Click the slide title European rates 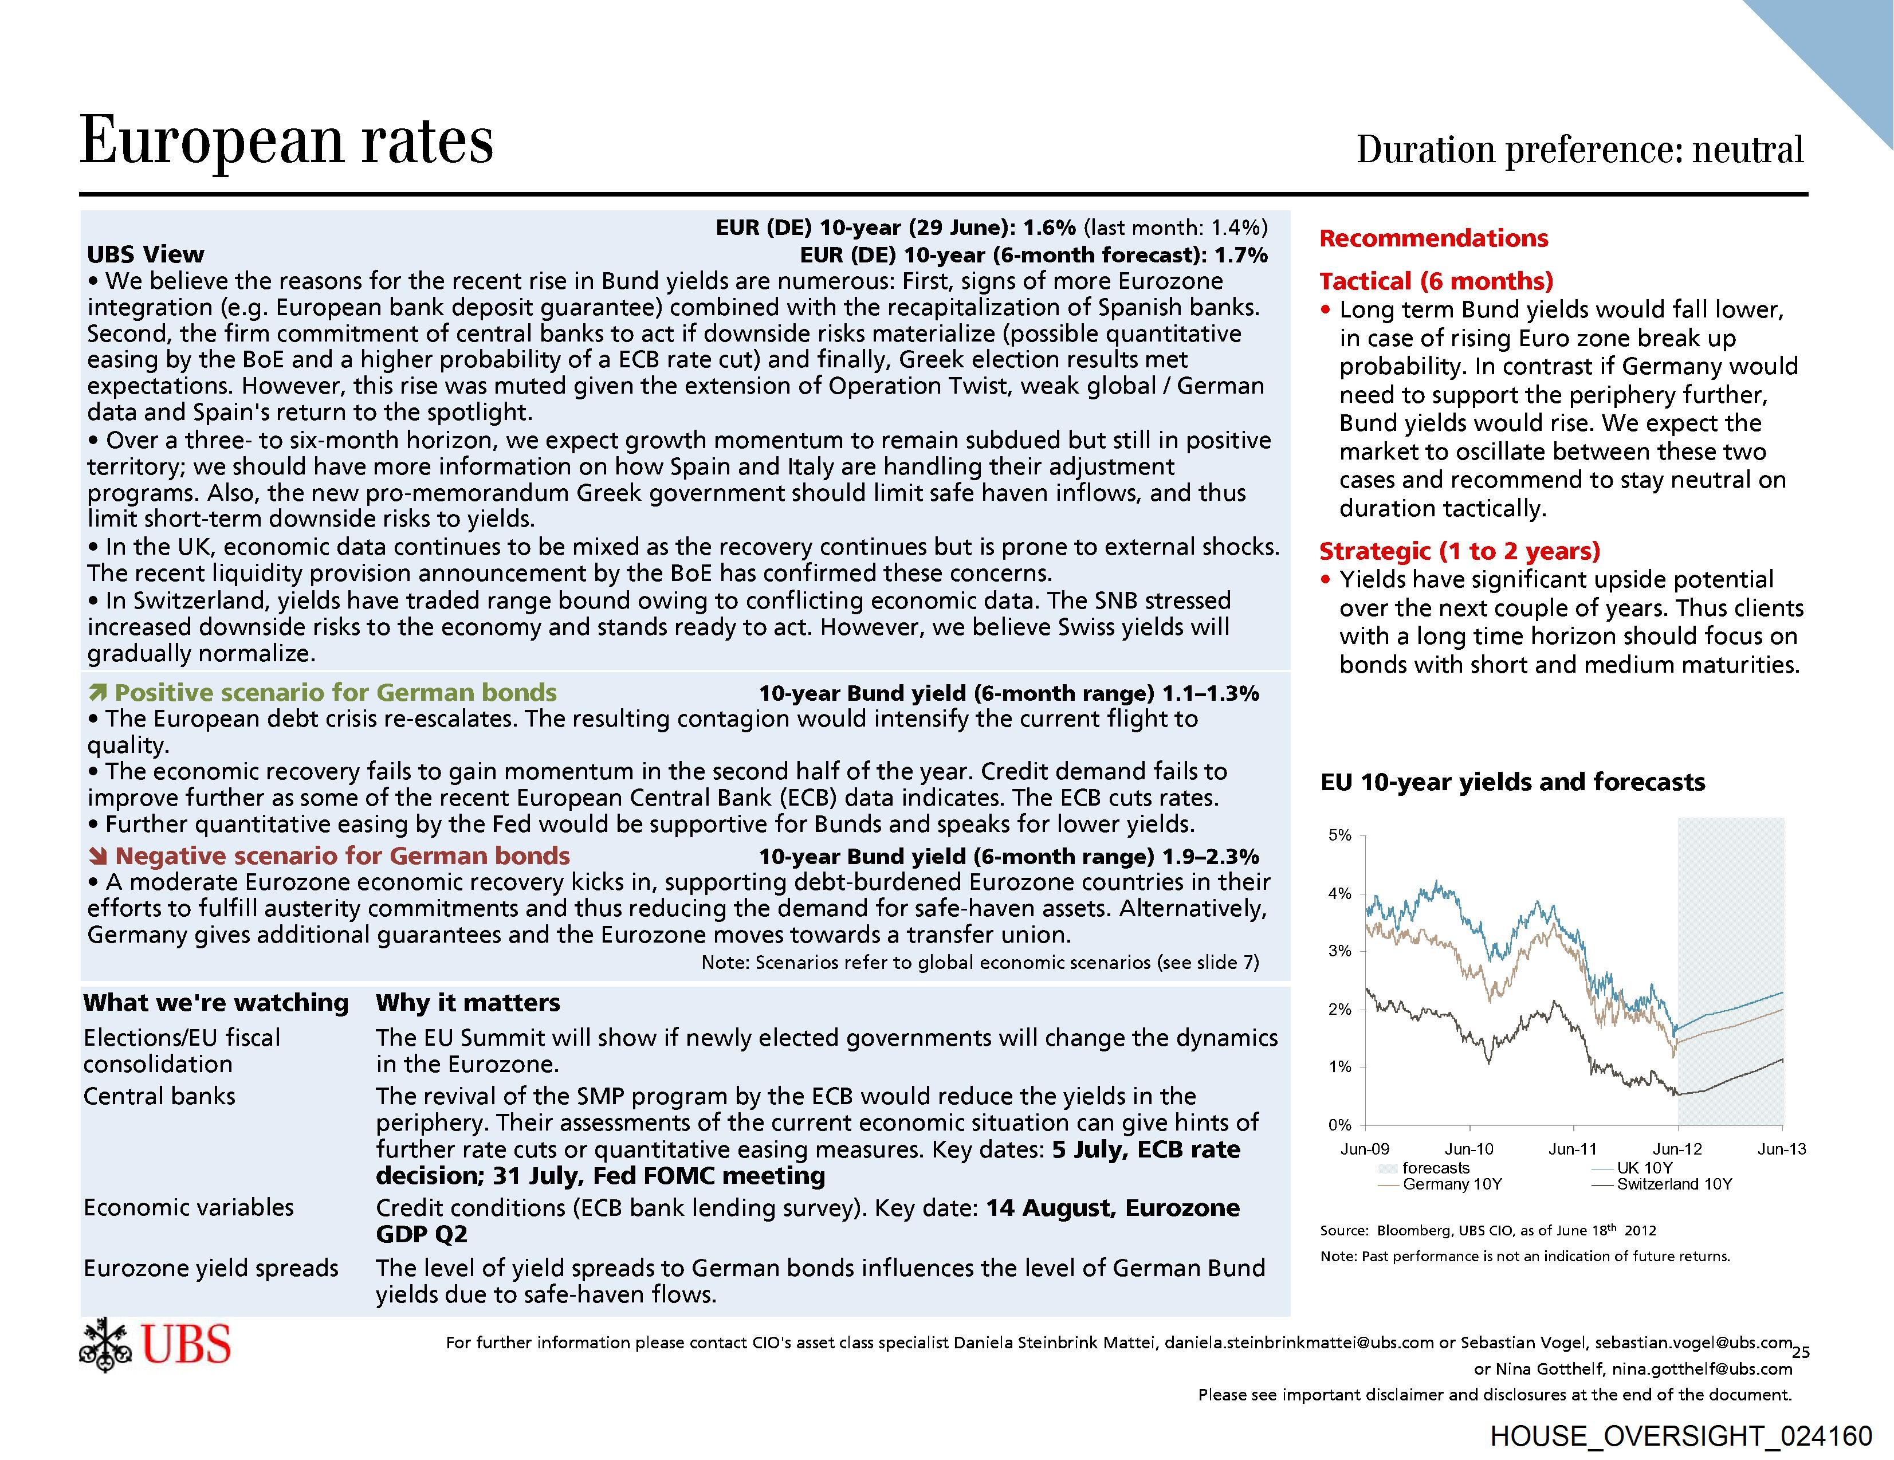coord(286,140)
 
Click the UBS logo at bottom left coord(156,1345)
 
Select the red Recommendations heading coord(1433,238)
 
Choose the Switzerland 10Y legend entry coord(1674,1184)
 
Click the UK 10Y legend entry coord(1644,1168)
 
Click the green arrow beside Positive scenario coord(98,692)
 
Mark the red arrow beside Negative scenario coord(98,856)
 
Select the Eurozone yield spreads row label coord(211,1268)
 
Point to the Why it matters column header coord(467,1003)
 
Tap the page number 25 coord(1801,1352)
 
